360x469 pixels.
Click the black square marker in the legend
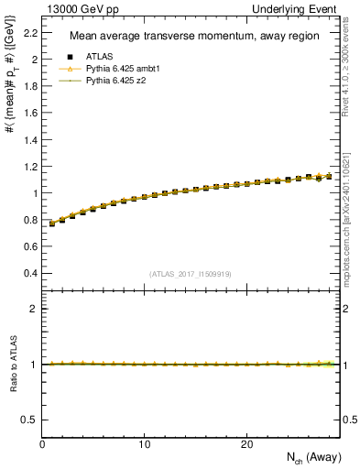click(70, 57)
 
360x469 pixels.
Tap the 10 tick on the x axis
click(145, 444)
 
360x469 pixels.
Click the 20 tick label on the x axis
click(246, 444)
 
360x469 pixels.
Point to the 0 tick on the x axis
click(43, 444)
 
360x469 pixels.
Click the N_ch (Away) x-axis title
click(310, 458)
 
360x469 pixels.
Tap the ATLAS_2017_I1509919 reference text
click(190, 273)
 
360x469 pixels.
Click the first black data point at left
click(52, 224)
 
